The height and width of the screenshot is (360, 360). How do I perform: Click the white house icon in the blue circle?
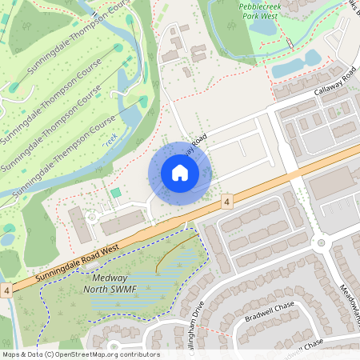[179, 173]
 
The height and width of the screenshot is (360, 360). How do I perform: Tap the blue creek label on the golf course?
[110, 138]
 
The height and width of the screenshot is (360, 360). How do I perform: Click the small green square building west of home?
[116, 193]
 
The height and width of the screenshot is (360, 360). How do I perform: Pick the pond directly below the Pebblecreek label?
[262, 26]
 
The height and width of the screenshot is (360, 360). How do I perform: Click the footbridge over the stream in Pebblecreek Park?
[282, 38]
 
